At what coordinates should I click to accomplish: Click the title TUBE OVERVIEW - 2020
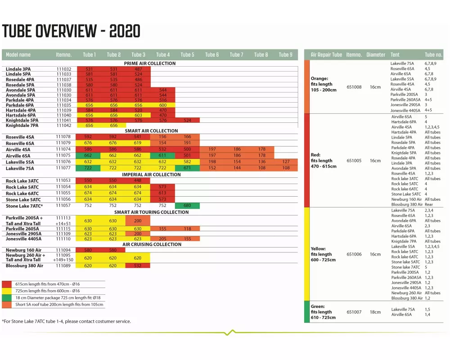coord(71,31)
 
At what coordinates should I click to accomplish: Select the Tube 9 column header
coord(285,55)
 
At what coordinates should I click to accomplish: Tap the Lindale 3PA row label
coord(18,69)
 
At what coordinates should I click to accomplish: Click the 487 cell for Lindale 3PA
coord(138,69)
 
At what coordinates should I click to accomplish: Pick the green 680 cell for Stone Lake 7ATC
coord(187,206)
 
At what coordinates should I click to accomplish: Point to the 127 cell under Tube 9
coord(286,162)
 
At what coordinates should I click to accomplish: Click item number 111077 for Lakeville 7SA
coord(63,168)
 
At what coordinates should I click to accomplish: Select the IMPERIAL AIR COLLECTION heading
coord(151,175)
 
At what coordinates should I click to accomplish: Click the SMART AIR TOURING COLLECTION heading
coord(151,212)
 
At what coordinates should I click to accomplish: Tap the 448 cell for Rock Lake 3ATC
coord(138,180)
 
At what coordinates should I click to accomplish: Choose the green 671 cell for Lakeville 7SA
coord(187,168)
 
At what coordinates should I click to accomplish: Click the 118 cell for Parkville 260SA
coord(187,229)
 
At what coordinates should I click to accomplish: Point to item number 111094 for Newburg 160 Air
coord(63,250)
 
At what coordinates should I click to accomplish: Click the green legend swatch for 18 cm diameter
coord(7,298)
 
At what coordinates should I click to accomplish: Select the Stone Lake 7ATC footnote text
coord(67,321)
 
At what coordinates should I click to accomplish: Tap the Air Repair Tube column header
coord(326,55)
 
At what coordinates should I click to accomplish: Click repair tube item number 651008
coord(354,87)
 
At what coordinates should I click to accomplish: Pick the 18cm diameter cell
coord(375,312)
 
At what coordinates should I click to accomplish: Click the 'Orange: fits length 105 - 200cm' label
coord(324,84)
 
